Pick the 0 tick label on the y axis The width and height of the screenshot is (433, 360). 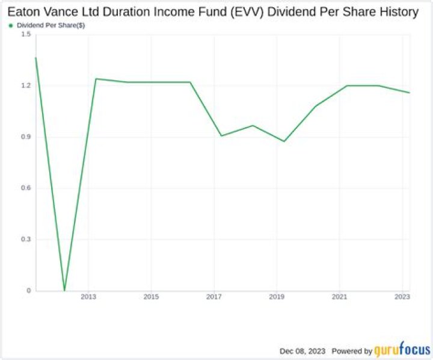coord(27,291)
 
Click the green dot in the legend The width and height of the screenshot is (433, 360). coord(11,25)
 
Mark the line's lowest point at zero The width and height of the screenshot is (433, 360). coord(64,290)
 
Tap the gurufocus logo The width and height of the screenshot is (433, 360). coord(400,350)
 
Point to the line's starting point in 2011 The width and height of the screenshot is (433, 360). coord(35,58)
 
